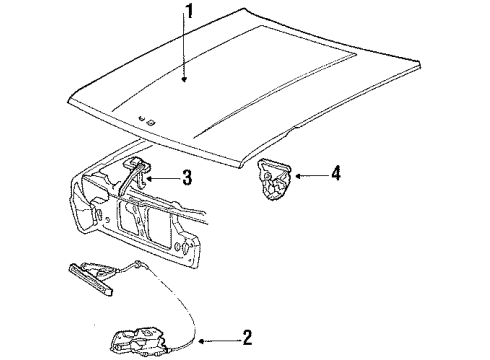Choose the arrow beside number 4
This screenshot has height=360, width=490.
tap(306, 175)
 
